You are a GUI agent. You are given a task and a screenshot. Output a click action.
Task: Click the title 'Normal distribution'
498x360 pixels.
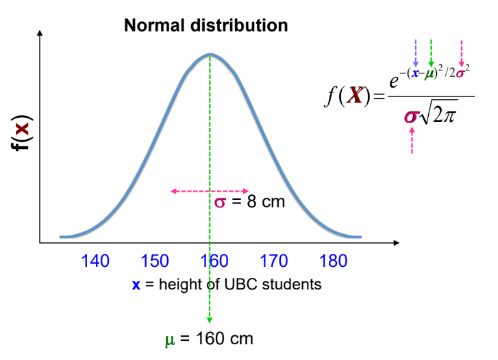click(206, 26)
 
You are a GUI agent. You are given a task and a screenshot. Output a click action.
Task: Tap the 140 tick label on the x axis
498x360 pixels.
click(95, 261)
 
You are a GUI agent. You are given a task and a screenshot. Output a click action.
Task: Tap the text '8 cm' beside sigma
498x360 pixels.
click(262, 203)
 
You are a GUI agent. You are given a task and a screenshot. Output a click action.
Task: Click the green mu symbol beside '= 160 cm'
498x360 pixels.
click(170, 339)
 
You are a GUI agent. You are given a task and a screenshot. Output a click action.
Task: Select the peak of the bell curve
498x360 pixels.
click(210, 54)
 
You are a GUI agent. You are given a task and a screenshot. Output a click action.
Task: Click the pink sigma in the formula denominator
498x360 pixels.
click(410, 116)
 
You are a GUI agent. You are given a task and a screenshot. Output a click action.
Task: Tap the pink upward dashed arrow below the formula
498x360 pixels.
click(412, 142)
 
